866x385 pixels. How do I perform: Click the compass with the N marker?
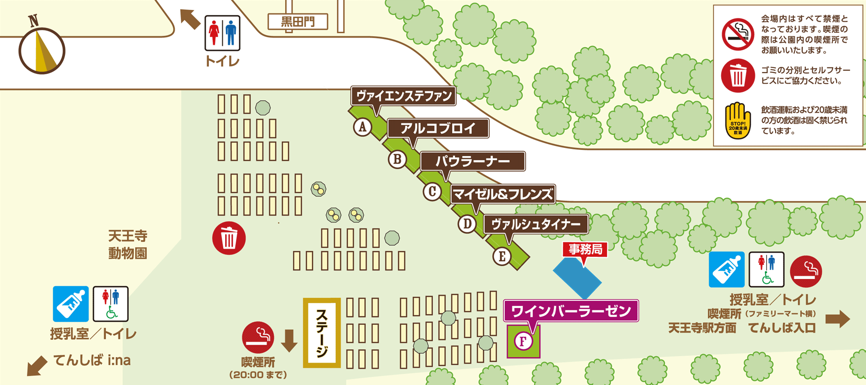(x=42, y=50)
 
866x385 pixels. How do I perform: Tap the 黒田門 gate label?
(x=298, y=22)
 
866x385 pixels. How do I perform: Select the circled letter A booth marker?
(x=362, y=127)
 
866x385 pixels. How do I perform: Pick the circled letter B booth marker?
(x=397, y=159)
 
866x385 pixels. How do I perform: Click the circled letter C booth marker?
(x=432, y=191)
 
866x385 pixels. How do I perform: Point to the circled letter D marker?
(x=467, y=224)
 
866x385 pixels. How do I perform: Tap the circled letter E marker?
(x=502, y=256)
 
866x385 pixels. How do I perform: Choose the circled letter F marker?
(x=523, y=341)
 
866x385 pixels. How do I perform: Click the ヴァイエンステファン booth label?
(x=404, y=95)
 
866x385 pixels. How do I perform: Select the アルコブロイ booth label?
(x=438, y=128)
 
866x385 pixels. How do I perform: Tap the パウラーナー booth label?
(x=472, y=161)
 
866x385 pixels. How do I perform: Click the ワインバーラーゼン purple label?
(x=571, y=311)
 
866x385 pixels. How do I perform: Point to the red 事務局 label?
(x=585, y=249)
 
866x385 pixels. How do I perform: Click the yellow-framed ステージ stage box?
(x=322, y=332)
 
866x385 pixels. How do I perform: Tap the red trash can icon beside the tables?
(x=229, y=238)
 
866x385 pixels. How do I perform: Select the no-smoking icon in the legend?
(x=738, y=34)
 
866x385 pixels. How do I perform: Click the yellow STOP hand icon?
(x=738, y=120)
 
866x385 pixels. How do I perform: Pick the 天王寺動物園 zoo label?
(x=127, y=245)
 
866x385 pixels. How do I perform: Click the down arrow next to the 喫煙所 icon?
(x=289, y=340)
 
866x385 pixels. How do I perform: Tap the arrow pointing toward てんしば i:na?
(x=37, y=365)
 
